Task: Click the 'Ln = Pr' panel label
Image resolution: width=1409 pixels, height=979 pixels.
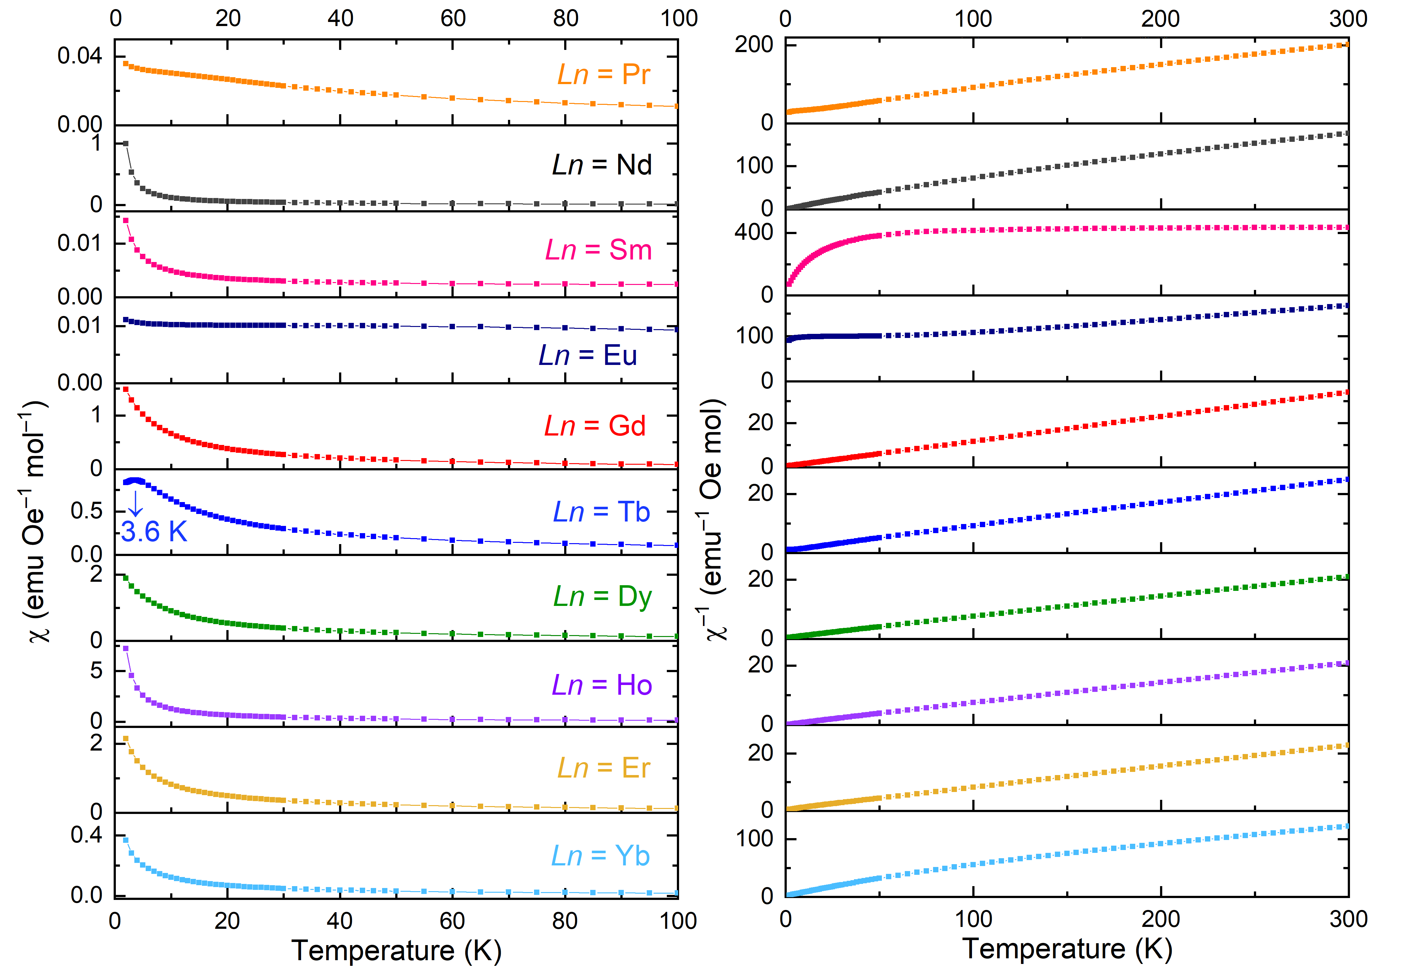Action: [603, 75]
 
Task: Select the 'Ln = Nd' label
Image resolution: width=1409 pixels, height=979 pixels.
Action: [602, 165]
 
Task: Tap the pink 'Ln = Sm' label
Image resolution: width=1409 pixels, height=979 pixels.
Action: [598, 250]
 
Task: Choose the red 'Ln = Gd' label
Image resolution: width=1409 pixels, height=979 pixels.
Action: [595, 426]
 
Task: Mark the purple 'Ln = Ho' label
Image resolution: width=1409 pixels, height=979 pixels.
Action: [602, 685]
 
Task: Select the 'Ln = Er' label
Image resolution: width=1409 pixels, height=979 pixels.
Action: [603, 768]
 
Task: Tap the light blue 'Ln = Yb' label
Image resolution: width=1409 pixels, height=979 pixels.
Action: [600, 856]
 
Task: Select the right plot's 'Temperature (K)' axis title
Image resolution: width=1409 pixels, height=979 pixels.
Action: [1067, 949]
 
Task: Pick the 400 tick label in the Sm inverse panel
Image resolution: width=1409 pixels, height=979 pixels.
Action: [753, 233]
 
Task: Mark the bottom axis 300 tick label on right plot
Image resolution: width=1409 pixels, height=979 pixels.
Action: [1348, 919]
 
